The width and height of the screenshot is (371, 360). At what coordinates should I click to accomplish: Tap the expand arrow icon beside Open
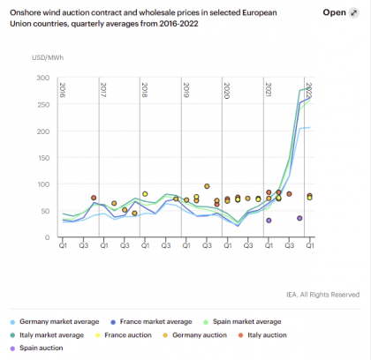(x=353, y=13)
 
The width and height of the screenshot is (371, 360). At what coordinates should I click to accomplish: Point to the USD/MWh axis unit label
(x=48, y=57)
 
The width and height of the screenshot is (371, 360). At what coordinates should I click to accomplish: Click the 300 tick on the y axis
(x=43, y=78)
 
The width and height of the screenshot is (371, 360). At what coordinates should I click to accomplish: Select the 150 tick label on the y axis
(x=43, y=158)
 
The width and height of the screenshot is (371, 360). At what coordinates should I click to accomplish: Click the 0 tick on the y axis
(x=47, y=237)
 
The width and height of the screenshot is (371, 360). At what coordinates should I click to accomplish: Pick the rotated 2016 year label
(x=63, y=90)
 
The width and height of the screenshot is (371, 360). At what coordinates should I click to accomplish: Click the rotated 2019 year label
(x=185, y=90)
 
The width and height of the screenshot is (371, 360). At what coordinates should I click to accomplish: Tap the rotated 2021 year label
(x=268, y=90)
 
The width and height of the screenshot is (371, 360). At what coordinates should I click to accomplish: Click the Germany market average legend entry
(x=55, y=322)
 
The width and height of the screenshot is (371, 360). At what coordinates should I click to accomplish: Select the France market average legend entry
(x=151, y=322)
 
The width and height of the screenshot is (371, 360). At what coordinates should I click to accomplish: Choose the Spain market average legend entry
(x=242, y=322)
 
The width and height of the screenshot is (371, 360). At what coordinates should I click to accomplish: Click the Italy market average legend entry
(x=47, y=335)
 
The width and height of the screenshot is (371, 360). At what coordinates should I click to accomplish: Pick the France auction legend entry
(x=124, y=335)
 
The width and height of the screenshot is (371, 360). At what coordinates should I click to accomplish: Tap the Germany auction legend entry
(x=195, y=335)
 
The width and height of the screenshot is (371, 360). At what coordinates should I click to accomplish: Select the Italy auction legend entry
(x=262, y=335)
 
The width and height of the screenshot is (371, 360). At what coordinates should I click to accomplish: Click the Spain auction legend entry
(x=36, y=349)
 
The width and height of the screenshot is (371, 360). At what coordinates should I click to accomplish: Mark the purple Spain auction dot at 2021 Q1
(x=269, y=221)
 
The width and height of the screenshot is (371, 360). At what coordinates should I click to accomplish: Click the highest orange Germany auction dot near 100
(x=207, y=186)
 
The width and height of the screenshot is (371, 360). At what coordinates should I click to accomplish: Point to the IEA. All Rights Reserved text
(x=323, y=295)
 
